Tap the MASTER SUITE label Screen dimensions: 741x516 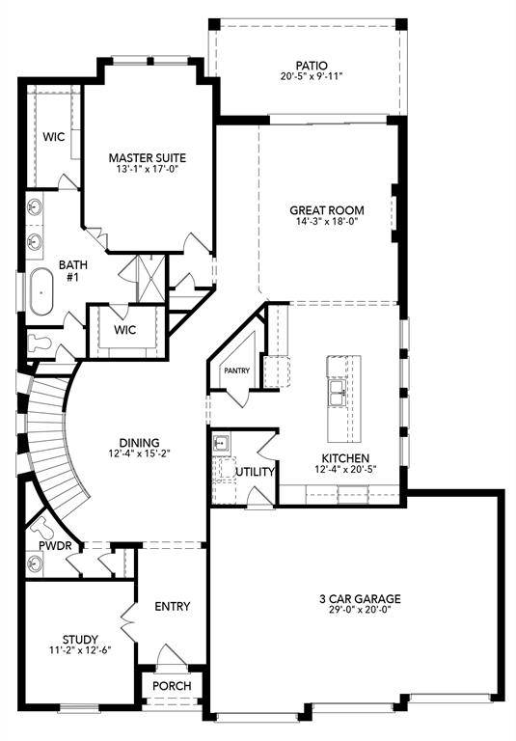coord(147,158)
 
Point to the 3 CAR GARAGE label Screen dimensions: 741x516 coord(360,598)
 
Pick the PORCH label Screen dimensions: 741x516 coord(172,686)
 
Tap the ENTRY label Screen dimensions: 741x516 coord(172,607)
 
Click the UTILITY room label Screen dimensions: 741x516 coord(256,472)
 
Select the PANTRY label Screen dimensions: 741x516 coord(236,370)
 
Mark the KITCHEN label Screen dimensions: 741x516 coord(344,458)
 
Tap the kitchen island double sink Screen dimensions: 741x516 coord(339,390)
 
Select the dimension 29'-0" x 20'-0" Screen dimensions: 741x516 coord(360,612)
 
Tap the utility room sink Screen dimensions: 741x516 coord(222,443)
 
